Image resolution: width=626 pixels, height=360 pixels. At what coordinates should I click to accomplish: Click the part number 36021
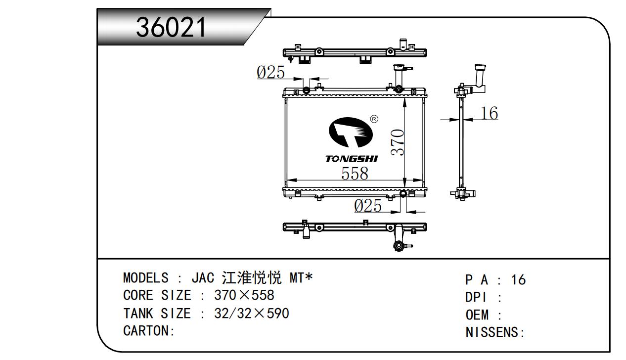(x=172, y=27)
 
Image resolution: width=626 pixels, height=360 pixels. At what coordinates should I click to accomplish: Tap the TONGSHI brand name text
(x=351, y=159)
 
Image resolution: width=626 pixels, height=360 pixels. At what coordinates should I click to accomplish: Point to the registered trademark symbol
(x=374, y=119)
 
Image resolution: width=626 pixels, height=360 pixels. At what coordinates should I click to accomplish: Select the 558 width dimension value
(x=355, y=173)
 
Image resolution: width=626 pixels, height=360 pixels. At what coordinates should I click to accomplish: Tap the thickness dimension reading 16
(x=489, y=113)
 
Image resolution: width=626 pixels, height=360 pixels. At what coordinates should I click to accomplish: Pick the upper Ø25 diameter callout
(x=271, y=73)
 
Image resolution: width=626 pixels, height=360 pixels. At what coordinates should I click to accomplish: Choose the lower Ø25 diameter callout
(x=368, y=206)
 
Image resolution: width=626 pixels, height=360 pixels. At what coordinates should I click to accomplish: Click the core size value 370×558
(x=244, y=296)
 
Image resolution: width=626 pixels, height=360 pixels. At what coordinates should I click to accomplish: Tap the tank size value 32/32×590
(x=252, y=314)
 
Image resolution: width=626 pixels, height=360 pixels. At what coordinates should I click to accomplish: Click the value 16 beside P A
(x=518, y=280)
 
